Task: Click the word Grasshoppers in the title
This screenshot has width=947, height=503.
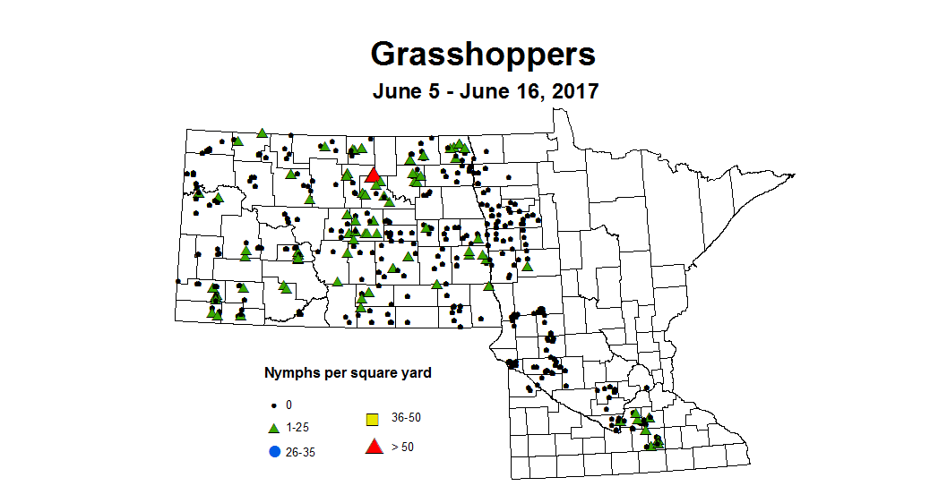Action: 482,55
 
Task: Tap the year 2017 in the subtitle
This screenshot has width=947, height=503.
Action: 569,91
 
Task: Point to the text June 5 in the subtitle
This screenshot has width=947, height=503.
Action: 408,91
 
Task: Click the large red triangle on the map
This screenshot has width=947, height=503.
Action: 373,176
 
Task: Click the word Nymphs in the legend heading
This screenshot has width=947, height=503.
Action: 288,372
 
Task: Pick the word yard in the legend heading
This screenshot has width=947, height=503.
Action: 416,372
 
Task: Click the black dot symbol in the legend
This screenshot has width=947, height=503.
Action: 274,405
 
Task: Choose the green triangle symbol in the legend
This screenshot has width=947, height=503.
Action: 274,428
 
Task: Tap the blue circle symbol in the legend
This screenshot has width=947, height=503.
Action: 274,450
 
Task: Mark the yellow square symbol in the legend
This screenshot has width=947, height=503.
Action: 373,419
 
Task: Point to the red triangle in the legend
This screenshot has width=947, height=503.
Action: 373,446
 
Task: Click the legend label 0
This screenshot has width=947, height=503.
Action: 288,405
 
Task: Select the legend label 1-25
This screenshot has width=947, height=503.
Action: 298,429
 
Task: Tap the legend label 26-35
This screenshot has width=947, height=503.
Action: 301,451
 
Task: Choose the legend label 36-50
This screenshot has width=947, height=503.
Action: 406,417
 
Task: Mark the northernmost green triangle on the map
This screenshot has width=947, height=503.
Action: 262,132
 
